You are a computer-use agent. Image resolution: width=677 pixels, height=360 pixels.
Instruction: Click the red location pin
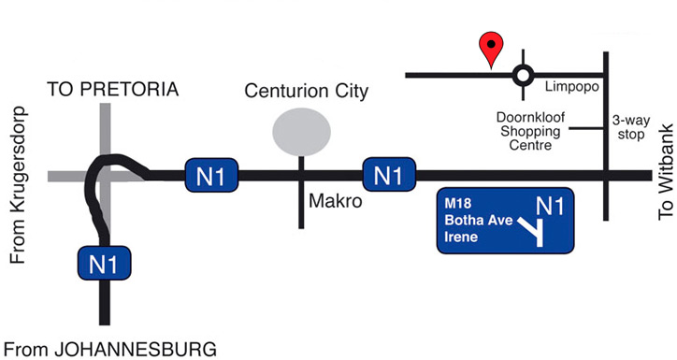(490, 47)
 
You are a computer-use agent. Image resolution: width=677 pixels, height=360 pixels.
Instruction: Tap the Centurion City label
(306, 92)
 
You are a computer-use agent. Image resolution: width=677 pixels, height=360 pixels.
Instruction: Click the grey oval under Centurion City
(301, 131)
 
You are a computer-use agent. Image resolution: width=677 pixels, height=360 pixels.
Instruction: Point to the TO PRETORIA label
(112, 91)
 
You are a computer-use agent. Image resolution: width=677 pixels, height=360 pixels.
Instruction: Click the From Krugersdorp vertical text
(18, 184)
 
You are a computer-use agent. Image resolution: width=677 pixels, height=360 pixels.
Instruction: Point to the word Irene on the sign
(460, 238)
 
